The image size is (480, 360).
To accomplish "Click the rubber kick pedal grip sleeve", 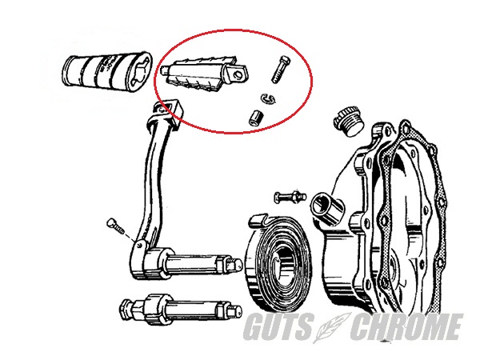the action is (x=107, y=70).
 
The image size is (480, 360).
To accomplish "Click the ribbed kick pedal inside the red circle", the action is (x=204, y=74).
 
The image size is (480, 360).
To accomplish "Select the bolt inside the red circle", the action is (x=281, y=69).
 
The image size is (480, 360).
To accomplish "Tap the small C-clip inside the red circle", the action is (x=269, y=98).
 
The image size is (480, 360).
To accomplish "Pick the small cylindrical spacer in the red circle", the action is (x=257, y=118).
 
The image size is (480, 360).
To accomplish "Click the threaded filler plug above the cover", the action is (x=348, y=122).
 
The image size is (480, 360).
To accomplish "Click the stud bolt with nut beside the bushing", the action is (x=290, y=196).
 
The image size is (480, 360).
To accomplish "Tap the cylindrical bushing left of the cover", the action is (x=327, y=208).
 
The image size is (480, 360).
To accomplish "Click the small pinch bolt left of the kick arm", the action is (x=116, y=226).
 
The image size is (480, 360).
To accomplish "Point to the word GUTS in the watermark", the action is (x=279, y=326).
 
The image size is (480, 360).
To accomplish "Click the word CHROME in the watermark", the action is (x=406, y=326).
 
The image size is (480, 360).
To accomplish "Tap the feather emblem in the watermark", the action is (x=332, y=327).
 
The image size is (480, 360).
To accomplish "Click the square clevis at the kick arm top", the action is (x=168, y=114).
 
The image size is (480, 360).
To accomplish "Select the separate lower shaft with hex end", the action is (x=180, y=310).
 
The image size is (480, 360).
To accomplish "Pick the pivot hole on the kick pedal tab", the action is (x=238, y=75).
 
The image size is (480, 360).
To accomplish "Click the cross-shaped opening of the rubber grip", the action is (x=141, y=74).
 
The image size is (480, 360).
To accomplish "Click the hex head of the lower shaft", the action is (x=126, y=310).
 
